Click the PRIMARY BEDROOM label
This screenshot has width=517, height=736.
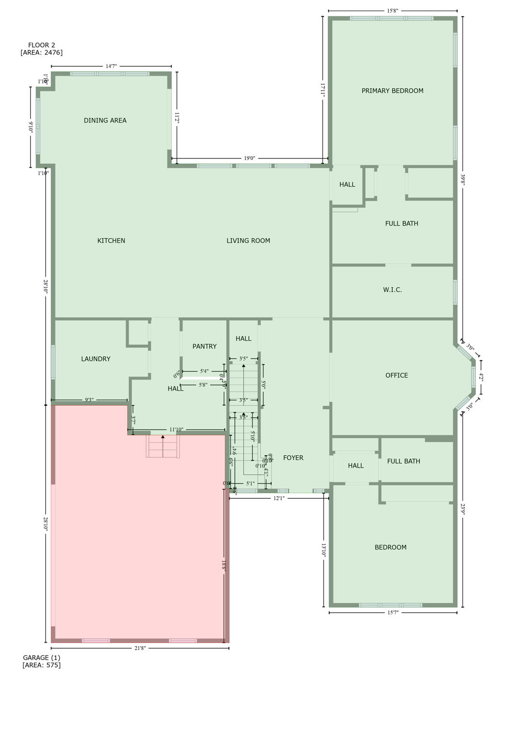click(x=392, y=91)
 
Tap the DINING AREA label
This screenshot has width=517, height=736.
click(x=105, y=121)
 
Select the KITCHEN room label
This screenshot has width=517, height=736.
click(x=111, y=241)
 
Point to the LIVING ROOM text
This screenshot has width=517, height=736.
click(x=248, y=241)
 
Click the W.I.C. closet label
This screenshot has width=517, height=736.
click(x=392, y=290)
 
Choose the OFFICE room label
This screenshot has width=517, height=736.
click(x=397, y=376)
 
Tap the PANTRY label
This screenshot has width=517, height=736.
click(x=205, y=346)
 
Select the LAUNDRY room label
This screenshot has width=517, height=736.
click(x=96, y=359)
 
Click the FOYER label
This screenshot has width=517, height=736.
click(x=293, y=458)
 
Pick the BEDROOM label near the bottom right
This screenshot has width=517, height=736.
click(x=391, y=548)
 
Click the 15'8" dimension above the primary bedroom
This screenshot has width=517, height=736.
click(x=392, y=11)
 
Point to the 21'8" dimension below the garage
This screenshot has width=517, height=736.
click(x=140, y=648)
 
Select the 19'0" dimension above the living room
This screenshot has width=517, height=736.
click(x=250, y=158)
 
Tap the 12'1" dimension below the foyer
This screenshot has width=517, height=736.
click(x=279, y=499)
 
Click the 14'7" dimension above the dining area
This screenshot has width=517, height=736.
click(x=111, y=66)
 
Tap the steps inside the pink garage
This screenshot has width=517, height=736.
click(x=163, y=447)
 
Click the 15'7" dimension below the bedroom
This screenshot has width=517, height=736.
click(x=392, y=612)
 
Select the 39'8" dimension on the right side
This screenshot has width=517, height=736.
click(x=463, y=179)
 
